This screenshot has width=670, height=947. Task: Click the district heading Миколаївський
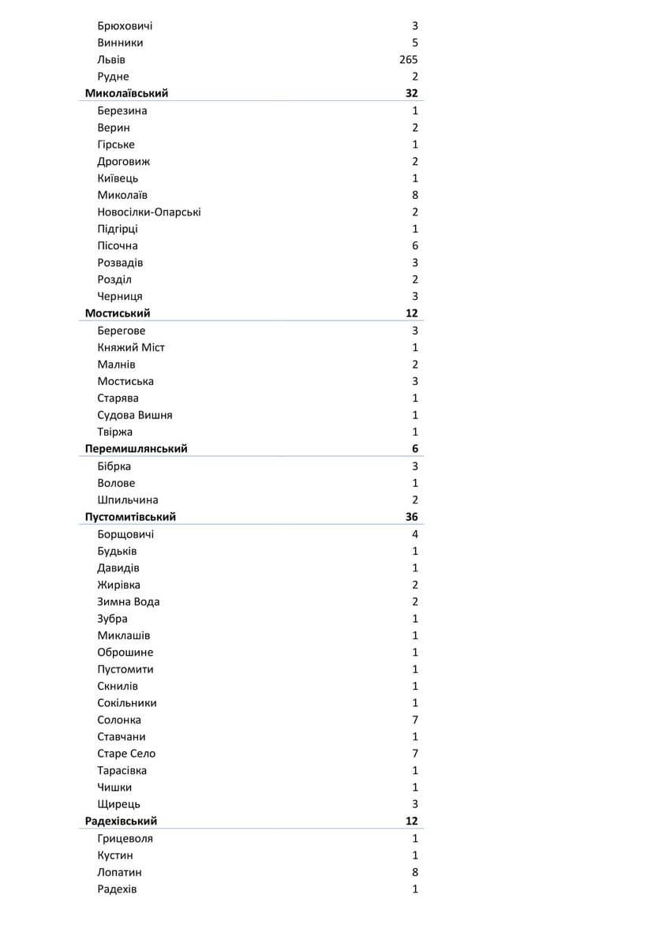[x=126, y=93]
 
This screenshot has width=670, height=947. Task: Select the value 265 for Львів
[x=408, y=60]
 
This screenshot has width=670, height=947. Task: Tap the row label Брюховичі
[x=125, y=26]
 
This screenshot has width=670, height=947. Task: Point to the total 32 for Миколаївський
[x=411, y=93]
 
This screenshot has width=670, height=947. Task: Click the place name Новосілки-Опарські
[x=149, y=211]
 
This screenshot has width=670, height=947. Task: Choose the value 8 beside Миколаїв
[x=415, y=195]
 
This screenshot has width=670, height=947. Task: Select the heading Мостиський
[x=118, y=313]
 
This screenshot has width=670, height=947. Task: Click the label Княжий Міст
[x=131, y=347]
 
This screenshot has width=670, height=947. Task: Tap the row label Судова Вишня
[x=135, y=415]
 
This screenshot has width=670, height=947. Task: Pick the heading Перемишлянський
[x=136, y=449]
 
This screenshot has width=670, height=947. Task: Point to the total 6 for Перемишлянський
[x=415, y=449]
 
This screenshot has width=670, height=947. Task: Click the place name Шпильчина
[x=128, y=500]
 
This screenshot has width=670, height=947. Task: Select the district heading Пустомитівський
[x=130, y=517]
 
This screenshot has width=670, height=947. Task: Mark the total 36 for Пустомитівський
[x=411, y=517]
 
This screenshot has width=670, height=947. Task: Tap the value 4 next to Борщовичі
[x=415, y=534]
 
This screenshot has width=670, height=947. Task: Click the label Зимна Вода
[x=129, y=601]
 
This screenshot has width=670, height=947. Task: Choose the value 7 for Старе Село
[x=415, y=754]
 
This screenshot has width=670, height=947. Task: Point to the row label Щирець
[x=119, y=804]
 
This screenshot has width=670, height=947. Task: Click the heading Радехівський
[x=121, y=822]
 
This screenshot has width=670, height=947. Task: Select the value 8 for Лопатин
[x=415, y=872]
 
